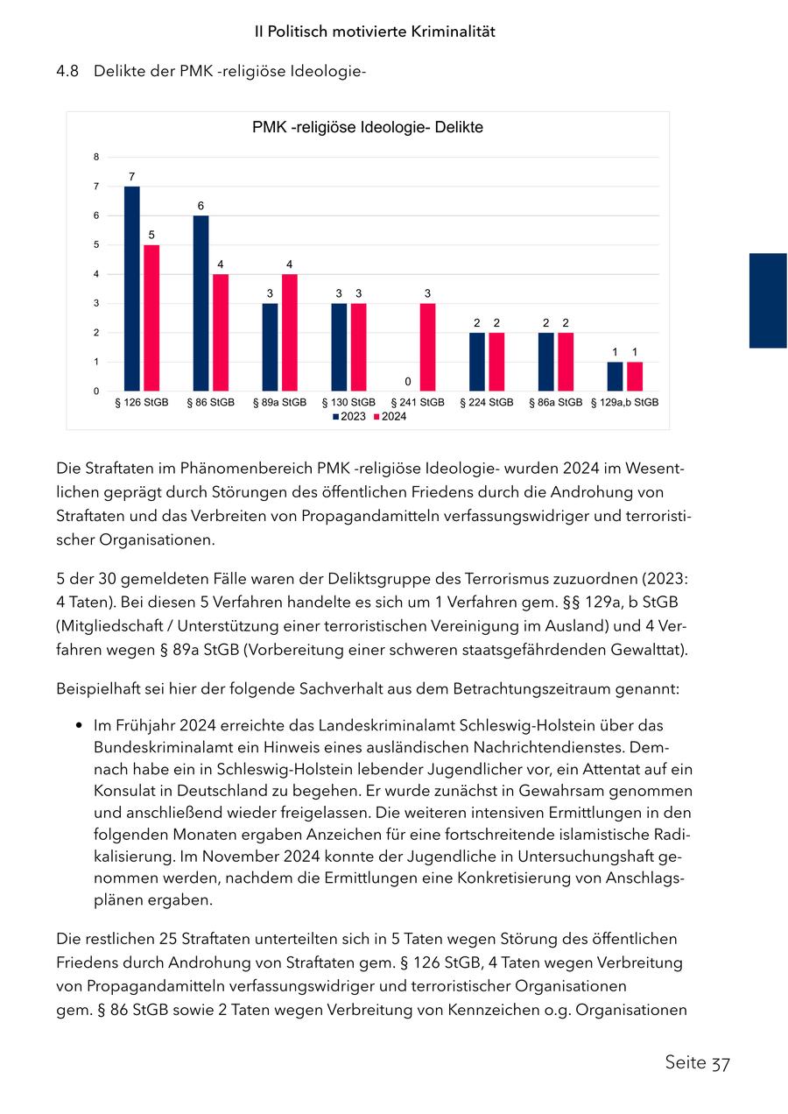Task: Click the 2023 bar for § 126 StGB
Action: coord(131,288)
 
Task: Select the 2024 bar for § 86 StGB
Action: coord(221,332)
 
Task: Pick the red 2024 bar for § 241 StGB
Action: coord(427,347)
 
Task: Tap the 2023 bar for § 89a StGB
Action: coord(270,347)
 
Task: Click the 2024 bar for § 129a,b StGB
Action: coord(635,376)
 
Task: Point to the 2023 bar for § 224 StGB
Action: coord(477,361)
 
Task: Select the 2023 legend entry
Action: coord(349,417)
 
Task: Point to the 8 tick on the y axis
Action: coord(96,157)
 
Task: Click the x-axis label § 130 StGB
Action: coord(348,403)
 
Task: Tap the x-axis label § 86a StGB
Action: coord(556,403)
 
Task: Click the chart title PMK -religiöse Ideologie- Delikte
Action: coord(368,128)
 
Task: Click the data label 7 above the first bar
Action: coord(131,177)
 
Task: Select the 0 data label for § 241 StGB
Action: coord(408,382)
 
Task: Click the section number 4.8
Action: coord(67,71)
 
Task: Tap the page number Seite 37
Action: coord(697,1062)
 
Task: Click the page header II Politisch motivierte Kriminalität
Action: coord(375,32)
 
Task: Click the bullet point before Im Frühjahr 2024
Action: coord(80,726)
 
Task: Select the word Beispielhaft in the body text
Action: coord(95,688)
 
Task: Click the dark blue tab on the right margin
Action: coord(768,300)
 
